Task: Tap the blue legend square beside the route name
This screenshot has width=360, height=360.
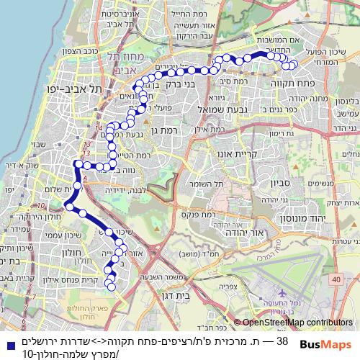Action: [6, 341]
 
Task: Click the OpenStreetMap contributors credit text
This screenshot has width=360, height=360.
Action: [296, 323]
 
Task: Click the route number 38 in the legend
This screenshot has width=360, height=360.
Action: [283, 341]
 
